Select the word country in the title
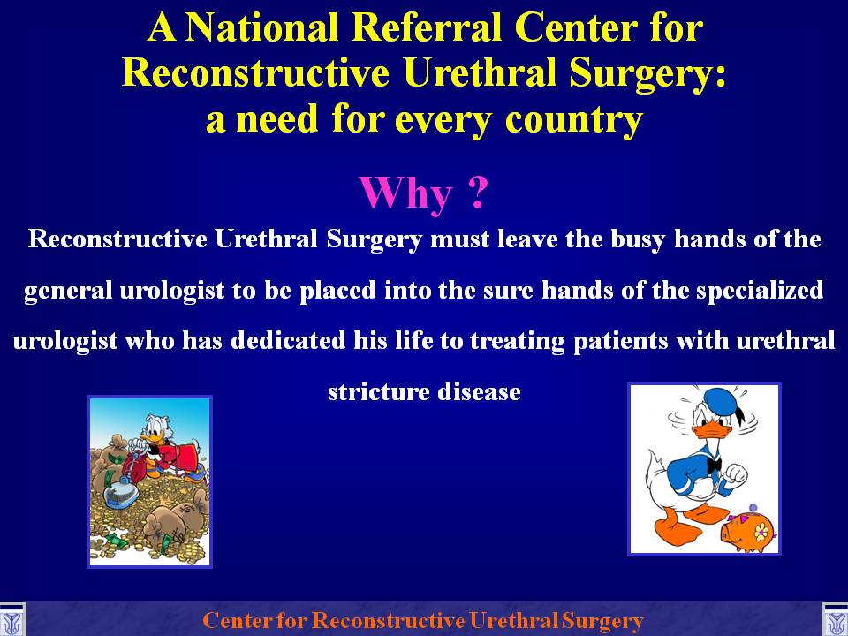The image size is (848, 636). click(x=574, y=119)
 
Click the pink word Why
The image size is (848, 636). click(x=405, y=193)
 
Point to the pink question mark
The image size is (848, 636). click(x=477, y=192)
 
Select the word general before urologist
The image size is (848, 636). click(x=68, y=291)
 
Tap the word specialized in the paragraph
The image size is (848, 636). click(x=760, y=291)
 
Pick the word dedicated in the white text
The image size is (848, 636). click(x=288, y=341)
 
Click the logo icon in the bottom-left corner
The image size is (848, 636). click(x=11, y=620)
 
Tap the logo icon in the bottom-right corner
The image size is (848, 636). click(x=835, y=620)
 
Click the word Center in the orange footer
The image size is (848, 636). click(x=237, y=620)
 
